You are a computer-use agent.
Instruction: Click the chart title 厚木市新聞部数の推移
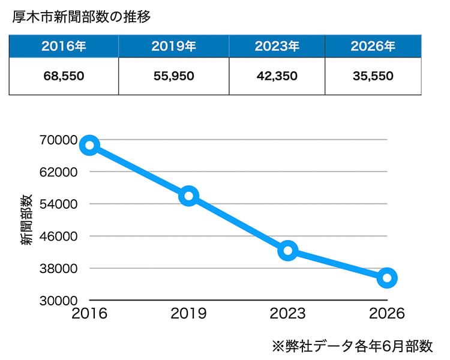(x=81, y=17)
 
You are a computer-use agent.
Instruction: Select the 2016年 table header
(x=64, y=46)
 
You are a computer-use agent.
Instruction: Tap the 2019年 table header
(x=173, y=46)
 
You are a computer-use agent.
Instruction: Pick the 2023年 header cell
(x=277, y=46)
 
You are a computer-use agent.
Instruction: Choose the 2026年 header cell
(x=373, y=46)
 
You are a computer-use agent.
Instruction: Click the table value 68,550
(x=64, y=76)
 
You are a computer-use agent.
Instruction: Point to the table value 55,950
(x=173, y=76)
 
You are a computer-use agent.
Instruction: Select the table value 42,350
(x=277, y=76)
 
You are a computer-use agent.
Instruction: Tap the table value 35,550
(x=373, y=76)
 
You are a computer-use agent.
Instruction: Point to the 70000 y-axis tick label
(x=59, y=140)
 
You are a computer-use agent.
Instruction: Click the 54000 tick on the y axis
(x=59, y=204)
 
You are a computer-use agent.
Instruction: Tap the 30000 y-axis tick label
(x=59, y=301)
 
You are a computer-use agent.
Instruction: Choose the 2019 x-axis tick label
(x=188, y=313)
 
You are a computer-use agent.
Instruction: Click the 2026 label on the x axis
(x=387, y=313)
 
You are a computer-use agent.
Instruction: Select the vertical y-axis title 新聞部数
(x=26, y=220)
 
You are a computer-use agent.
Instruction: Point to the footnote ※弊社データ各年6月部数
(x=352, y=346)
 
